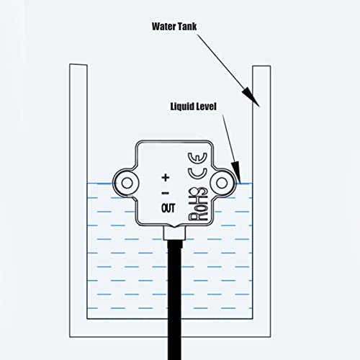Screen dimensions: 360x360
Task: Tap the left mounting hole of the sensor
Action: [128, 181]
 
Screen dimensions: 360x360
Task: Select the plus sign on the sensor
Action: [165, 176]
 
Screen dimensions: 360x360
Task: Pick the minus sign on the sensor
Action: [165, 193]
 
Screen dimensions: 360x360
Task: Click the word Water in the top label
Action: [163, 27]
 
